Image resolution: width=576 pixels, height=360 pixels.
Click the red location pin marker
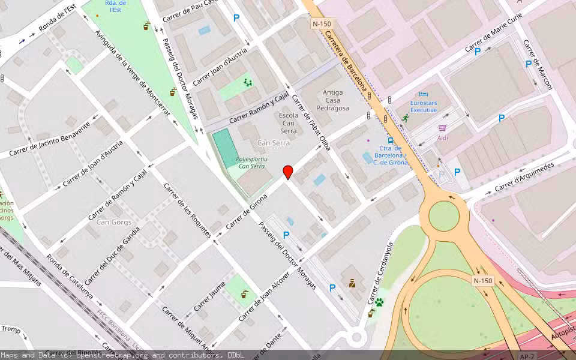tap(288, 172)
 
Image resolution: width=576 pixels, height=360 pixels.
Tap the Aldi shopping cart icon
tap(443, 128)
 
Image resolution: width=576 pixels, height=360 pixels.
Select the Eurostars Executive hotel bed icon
tap(424, 95)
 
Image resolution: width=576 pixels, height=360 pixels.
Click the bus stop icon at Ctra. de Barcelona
tap(391, 139)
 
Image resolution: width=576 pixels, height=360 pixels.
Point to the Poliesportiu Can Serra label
tap(250, 163)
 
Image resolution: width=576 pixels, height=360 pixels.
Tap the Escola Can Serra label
tap(289, 122)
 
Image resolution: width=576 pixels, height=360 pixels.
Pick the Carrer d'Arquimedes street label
tap(524, 176)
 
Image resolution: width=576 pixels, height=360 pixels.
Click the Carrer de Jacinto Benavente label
tap(50, 139)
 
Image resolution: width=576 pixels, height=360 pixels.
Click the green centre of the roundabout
tap(444, 217)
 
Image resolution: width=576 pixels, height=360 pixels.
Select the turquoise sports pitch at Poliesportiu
tap(225, 148)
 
